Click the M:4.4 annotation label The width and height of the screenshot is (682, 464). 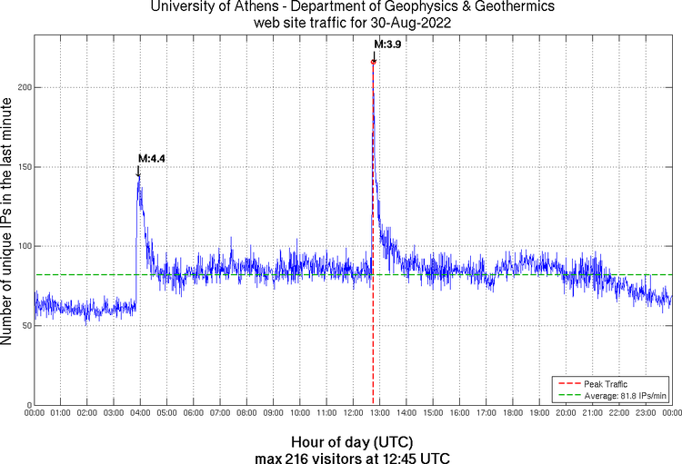(151, 158)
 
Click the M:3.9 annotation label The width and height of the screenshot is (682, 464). (387, 44)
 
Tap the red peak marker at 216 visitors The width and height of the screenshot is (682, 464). (374, 62)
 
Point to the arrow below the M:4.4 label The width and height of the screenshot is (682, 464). (139, 171)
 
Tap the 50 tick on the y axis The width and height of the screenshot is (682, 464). (25, 326)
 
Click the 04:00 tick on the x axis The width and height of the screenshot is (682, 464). (141, 414)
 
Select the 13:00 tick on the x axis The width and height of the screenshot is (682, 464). (380, 414)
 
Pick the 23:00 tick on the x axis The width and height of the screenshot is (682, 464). (646, 414)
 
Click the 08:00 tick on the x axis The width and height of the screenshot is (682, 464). (247, 414)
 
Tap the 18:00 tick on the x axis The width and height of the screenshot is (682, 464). (513, 414)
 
